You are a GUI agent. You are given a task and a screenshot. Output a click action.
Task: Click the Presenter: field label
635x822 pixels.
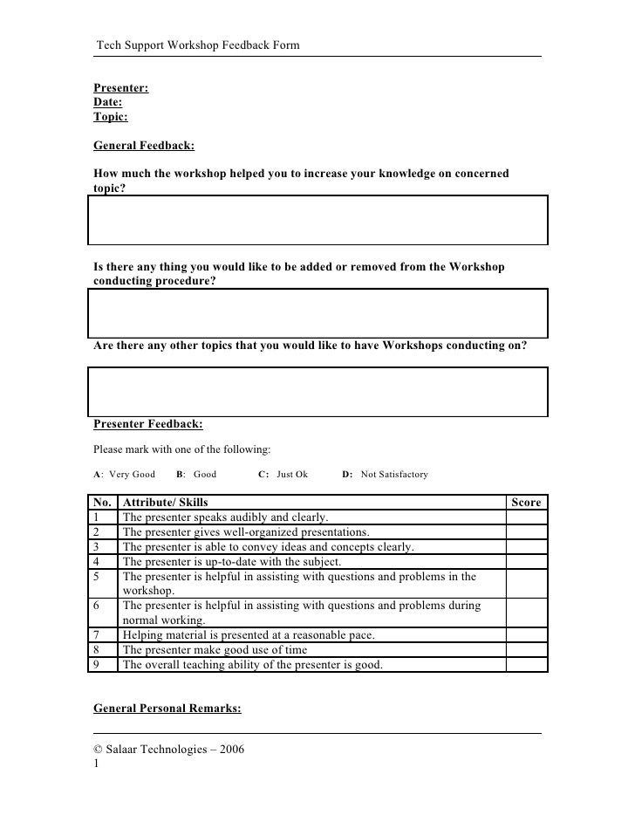click(x=120, y=88)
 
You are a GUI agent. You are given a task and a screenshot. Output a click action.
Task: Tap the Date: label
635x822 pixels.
click(x=107, y=102)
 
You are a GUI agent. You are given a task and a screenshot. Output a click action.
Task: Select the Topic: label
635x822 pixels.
click(x=110, y=116)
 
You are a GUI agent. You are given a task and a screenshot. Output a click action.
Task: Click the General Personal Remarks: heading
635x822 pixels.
click(x=167, y=709)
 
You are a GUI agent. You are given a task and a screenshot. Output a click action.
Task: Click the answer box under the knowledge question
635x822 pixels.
click(x=317, y=220)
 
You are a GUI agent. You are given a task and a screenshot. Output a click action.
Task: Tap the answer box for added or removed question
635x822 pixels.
click(x=317, y=313)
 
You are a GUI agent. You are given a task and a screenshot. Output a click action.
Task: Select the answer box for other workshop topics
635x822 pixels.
click(x=317, y=391)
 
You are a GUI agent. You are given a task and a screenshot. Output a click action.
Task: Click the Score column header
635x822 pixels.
click(x=526, y=502)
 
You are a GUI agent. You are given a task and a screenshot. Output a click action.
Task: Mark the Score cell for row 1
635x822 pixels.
click(x=526, y=517)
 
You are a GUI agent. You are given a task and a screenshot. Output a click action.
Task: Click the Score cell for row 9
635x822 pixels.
click(x=526, y=664)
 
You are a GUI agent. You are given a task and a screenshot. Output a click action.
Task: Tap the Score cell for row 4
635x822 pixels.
click(x=526, y=561)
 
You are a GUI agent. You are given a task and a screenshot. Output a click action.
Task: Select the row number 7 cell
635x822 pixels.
click(x=103, y=634)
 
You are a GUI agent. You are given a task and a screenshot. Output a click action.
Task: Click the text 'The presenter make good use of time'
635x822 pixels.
click(x=215, y=649)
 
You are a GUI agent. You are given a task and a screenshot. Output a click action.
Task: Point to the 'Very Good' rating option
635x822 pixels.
click(x=132, y=475)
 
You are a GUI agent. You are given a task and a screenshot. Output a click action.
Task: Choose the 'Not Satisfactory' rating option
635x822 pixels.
click(x=394, y=475)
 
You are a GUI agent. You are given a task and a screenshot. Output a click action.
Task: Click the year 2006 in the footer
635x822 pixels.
click(x=232, y=749)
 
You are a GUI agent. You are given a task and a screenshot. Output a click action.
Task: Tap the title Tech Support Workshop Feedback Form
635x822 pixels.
click(x=198, y=45)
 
